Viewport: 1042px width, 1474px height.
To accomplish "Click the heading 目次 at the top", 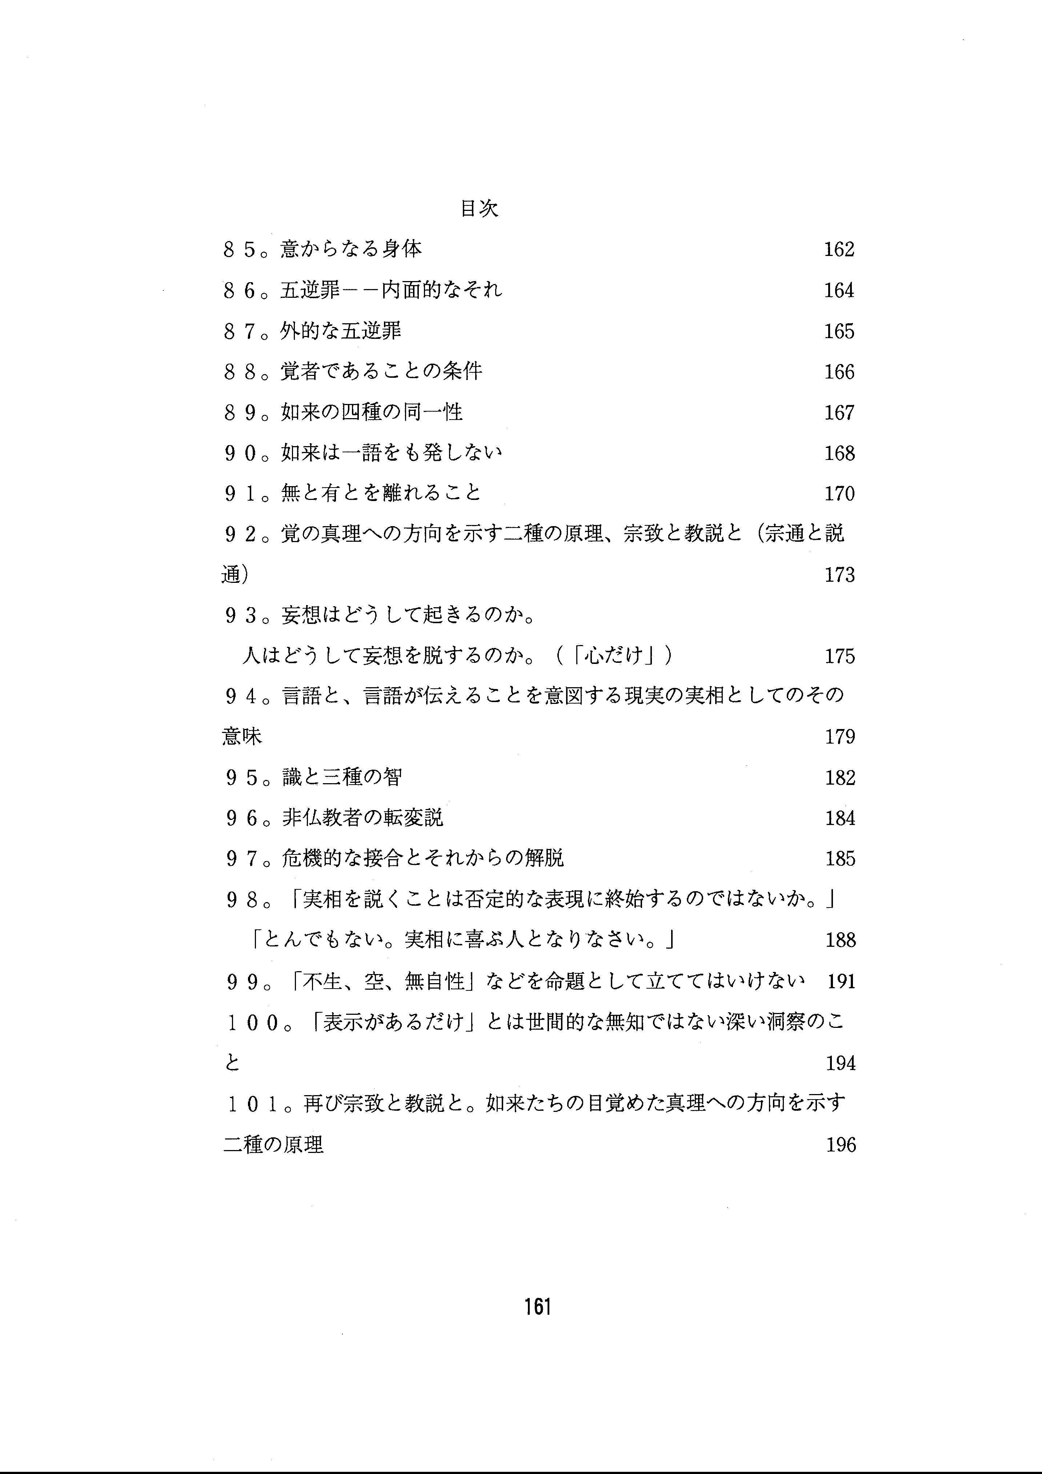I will tap(480, 209).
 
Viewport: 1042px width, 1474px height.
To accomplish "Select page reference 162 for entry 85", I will tap(839, 249).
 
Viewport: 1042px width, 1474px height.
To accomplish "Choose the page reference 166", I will tap(839, 372).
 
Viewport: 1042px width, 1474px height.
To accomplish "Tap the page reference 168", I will tap(839, 453).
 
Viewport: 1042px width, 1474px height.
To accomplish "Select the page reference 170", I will tap(839, 494).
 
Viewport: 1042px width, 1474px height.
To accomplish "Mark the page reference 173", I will tap(839, 574).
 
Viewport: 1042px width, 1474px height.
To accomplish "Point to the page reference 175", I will tap(839, 656).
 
